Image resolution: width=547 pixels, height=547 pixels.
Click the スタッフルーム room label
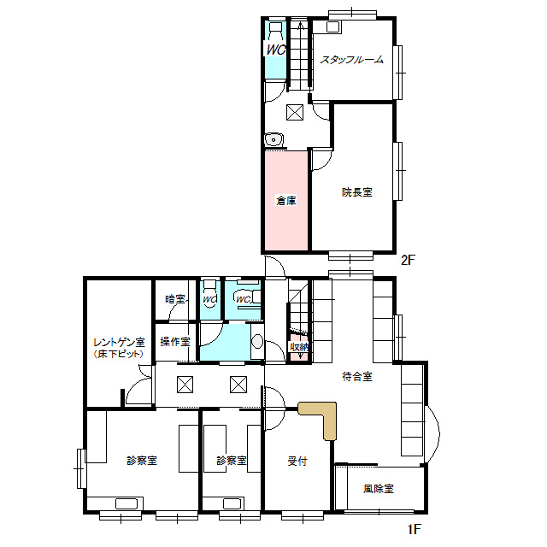click(x=351, y=60)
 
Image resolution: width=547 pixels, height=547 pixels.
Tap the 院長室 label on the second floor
click(x=356, y=192)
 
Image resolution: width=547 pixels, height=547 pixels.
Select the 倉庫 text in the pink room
click(x=285, y=201)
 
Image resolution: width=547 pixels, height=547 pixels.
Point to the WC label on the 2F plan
click(x=275, y=50)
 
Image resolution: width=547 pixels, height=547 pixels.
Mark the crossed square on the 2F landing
click(x=294, y=111)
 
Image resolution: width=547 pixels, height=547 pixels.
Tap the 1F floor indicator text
click(x=414, y=529)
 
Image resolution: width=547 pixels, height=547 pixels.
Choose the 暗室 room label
click(x=175, y=299)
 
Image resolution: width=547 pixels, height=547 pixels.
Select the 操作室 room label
click(x=175, y=342)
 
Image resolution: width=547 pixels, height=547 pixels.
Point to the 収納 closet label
click(x=298, y=347)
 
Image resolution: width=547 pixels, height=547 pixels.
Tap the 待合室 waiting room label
click(x=356, y=376)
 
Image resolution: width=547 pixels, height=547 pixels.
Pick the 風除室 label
click(x=378, y=489)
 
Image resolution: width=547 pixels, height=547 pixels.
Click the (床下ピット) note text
click(x=119, y=353)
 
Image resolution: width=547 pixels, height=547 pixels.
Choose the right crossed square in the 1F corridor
click(x=238, y=384)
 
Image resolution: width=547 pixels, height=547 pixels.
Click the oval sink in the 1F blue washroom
click(x=257, y=343)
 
